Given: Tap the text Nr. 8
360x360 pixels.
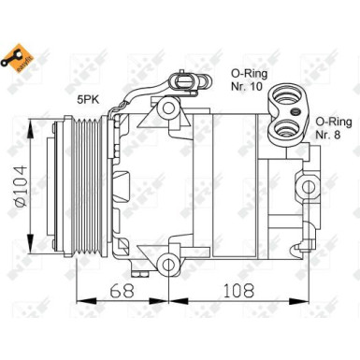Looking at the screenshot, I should pyautogui.click(x=326, y=135).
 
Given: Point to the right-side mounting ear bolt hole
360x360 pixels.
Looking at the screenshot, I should pyautogui.click(x=309, y=183).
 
